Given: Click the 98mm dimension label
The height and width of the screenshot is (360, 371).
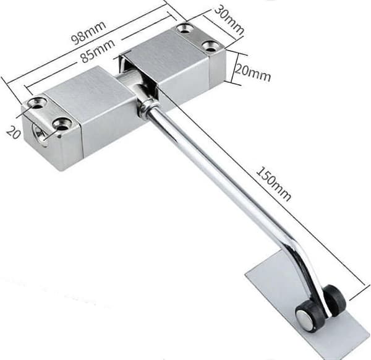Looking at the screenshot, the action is (x=88, y=32).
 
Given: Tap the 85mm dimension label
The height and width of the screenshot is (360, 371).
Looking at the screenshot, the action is (x=98, y=51).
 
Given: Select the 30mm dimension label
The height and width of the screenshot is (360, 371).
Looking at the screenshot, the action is (x=229, y=20).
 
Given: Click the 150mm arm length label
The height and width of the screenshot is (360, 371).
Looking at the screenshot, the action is (x=274, y=184).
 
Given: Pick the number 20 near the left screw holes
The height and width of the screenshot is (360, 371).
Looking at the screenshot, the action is (x=13, y=132).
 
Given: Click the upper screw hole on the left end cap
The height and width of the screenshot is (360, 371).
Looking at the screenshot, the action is (x=37, y=103).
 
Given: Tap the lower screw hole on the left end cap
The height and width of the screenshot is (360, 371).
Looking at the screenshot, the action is (x=62, y=124).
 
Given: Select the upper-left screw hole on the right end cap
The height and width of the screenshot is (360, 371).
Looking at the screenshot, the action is (x=185, y=29).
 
